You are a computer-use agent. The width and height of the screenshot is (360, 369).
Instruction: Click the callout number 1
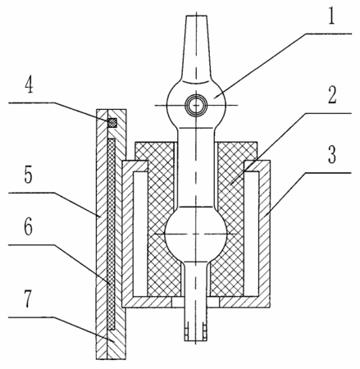click(331, 16)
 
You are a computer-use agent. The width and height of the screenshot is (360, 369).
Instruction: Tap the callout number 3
click(332, 155)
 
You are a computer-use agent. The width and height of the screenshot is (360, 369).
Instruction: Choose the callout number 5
click(28, 175)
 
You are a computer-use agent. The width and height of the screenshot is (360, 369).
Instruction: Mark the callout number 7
click(28, 300)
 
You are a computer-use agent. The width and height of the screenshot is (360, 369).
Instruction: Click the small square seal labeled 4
click(112, 122)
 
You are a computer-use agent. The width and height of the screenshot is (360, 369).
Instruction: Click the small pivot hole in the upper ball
click(196, 105)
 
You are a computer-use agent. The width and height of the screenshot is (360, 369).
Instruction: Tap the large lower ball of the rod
click(196, 234)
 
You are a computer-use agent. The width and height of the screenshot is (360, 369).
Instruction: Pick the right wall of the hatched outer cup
click(265, 233)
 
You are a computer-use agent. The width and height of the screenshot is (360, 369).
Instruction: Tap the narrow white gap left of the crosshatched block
click(140, 234)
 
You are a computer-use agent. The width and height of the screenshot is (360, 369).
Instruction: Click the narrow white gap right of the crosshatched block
click(251, 234)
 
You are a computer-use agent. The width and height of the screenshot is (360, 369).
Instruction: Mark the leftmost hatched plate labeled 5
click(102, 234)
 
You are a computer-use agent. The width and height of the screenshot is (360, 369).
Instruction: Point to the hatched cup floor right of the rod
click(244, 302)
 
